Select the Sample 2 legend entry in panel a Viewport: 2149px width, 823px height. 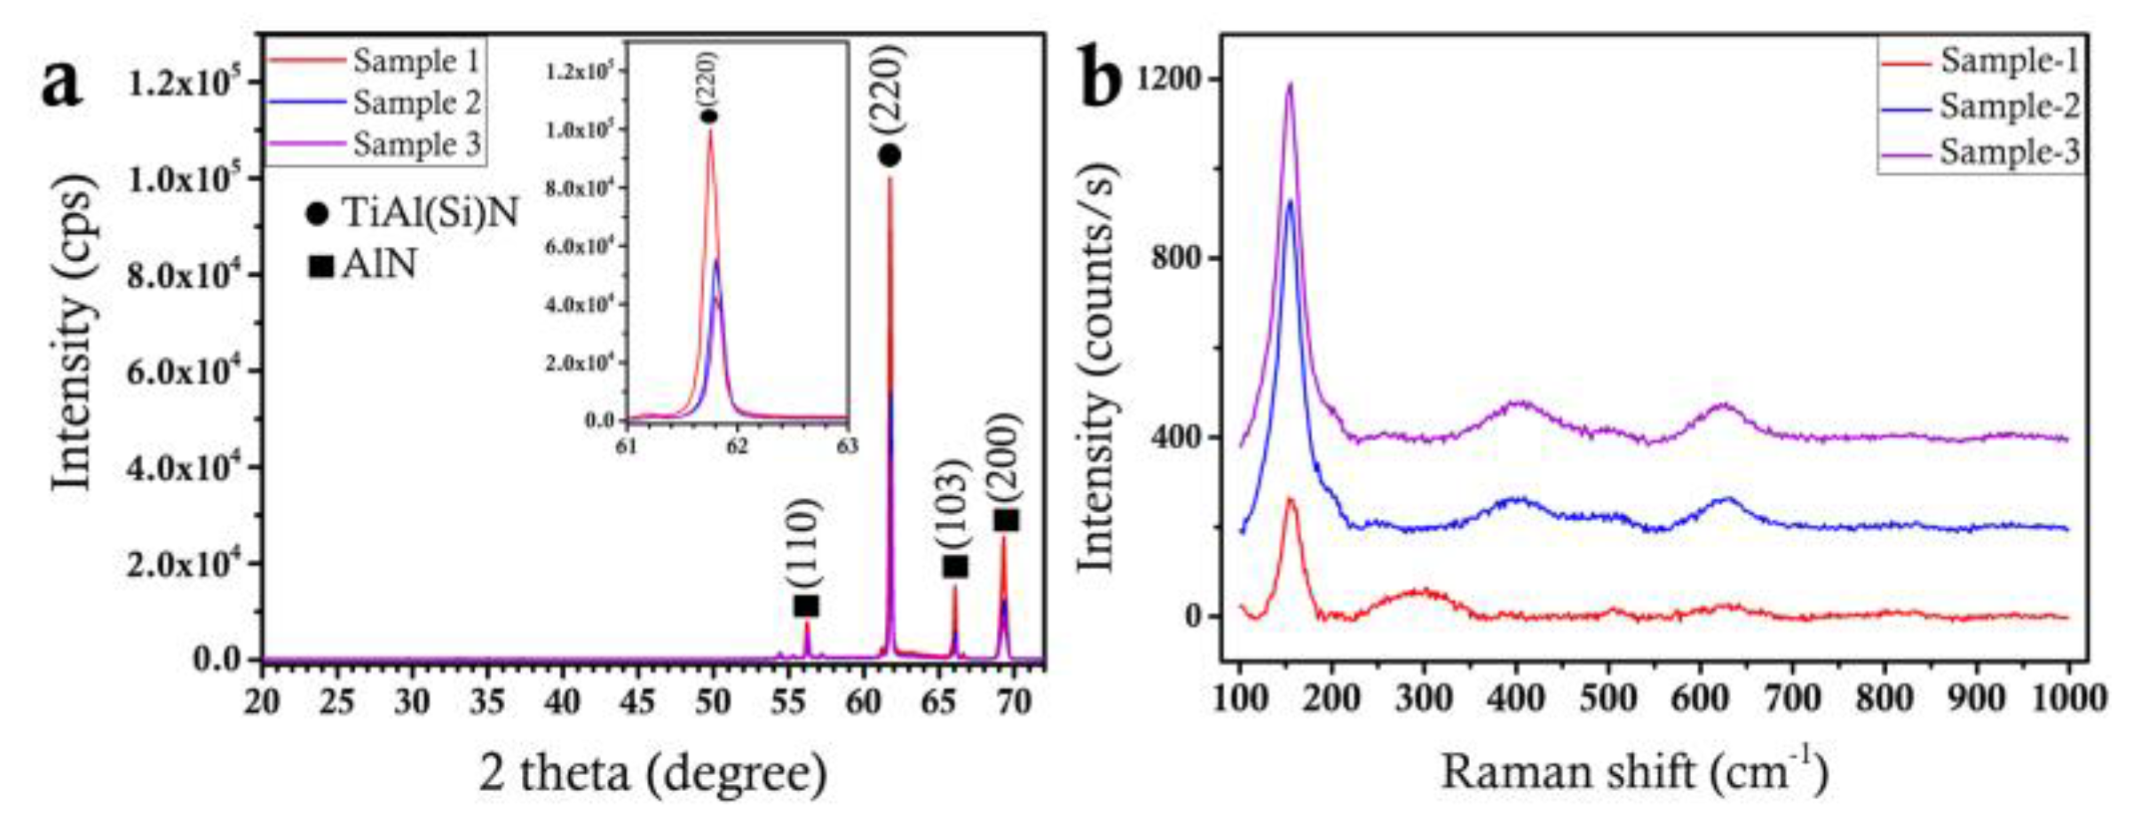tap(415, 103)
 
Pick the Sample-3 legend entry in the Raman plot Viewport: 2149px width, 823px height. tap(2008, 152)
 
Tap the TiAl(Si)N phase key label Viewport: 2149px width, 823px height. tap(430, 213)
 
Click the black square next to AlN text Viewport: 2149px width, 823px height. tap(320, 265)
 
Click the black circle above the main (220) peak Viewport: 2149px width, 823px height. tap(889, 155)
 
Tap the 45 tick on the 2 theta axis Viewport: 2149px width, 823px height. tap(637, 702)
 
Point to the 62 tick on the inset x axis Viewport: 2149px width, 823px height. tap(737, 446)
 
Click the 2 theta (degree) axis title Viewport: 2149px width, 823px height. tap(653, 772)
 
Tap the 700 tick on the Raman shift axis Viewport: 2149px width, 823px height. tap(1791, 699)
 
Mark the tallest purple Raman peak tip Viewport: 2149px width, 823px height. tap(1290, 84)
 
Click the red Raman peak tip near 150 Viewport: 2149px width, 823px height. tap(1291, 499)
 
